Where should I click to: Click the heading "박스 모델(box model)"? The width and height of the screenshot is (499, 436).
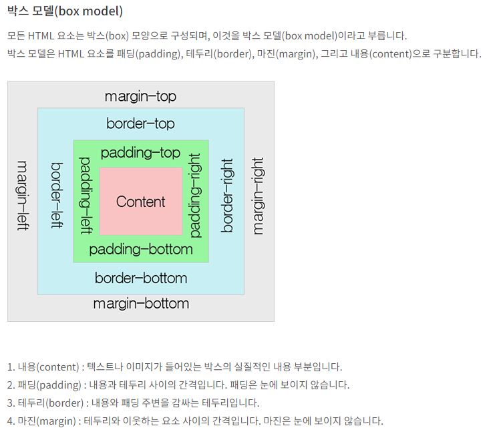(x=65, y=11)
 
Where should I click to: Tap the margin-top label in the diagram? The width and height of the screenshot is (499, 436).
(x=140, y=96)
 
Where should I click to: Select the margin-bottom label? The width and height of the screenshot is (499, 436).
(x=140, y=304)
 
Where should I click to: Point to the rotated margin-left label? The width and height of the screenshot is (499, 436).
(x=22, y=196)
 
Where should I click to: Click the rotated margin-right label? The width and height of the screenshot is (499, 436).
(x=259, y=196)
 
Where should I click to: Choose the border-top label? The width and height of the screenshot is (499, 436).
(x=140, y=124)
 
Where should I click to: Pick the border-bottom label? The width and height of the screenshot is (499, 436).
(x=140, y=278)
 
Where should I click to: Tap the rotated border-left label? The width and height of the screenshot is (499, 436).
(x=57, y=196)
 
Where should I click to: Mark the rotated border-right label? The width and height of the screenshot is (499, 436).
(x=227, y=196)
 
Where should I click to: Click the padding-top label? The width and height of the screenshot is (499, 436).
(x=140, y=153)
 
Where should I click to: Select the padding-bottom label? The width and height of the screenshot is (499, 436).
(x=140, y=250)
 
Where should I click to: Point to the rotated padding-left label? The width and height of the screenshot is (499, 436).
(x=86, y=196)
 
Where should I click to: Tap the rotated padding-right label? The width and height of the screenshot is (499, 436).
(x=195, y=196)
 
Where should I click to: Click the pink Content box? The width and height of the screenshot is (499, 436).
(x=140, y=202)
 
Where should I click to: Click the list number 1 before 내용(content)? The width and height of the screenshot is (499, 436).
(x=10, y=367)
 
